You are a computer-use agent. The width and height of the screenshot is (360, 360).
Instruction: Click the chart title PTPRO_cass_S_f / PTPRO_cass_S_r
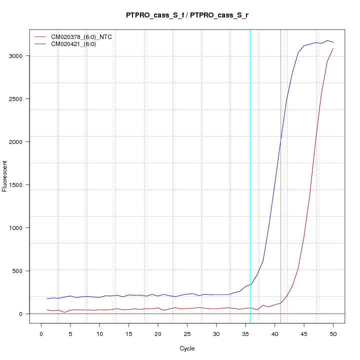(187, 15)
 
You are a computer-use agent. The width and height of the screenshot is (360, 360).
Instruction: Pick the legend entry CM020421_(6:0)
(77, 44)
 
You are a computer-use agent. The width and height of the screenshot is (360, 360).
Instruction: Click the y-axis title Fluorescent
(5, 176)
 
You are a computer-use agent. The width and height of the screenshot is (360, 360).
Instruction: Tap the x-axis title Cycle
(187, 348)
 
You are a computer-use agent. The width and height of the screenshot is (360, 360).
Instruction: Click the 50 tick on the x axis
(333, 334)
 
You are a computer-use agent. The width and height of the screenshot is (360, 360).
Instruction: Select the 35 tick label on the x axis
(245, 334)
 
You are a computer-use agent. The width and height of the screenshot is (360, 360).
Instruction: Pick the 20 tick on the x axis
(158, 334)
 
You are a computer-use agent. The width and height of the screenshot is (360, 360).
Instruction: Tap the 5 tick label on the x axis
(70, 334)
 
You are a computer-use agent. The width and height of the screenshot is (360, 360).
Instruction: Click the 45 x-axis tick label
(304, 334)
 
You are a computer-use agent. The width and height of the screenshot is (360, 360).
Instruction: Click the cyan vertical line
(250, 175)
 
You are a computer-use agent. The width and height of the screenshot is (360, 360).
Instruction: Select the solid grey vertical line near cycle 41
(280, 175)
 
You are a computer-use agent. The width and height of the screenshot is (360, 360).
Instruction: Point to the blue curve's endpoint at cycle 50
(333, 42)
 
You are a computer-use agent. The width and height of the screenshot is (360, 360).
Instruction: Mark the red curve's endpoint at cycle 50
(333, 48)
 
